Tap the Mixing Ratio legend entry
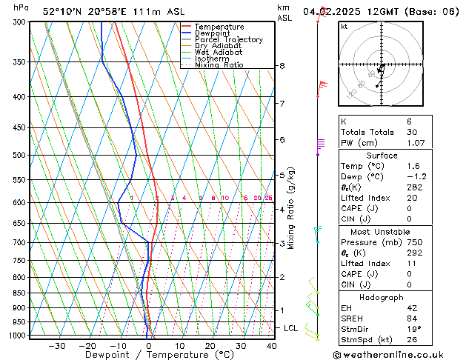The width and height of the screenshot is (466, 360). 219,65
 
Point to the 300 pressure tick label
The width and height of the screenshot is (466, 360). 18,22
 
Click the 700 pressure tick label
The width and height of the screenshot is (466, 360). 18,243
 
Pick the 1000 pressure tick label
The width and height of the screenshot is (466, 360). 16,336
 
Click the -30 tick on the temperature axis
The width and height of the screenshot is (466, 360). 56,346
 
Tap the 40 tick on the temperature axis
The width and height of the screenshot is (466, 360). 271,346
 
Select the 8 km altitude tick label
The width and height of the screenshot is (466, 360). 282,66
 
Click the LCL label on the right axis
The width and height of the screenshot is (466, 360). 291,327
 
